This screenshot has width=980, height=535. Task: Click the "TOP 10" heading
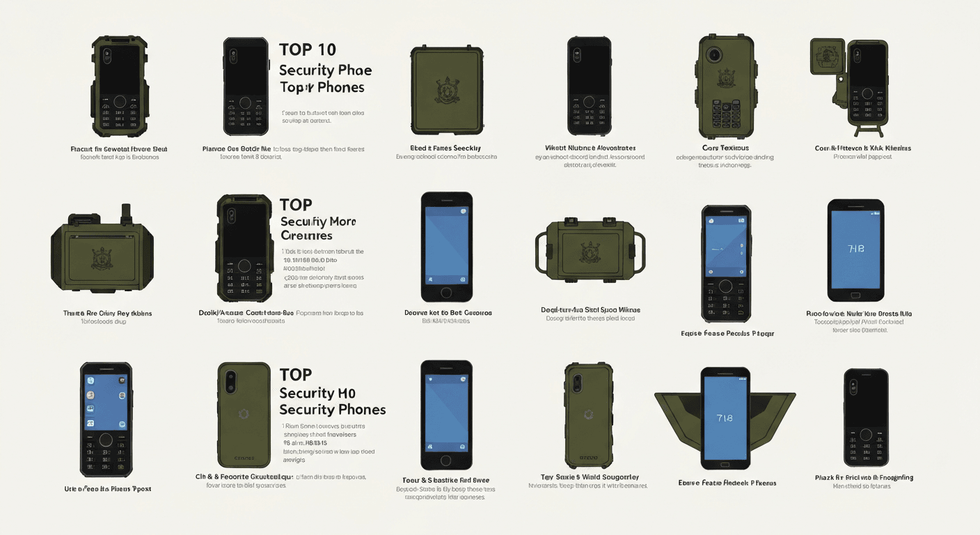tap(307, 49)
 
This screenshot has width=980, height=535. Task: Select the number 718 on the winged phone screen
tap(725, 418)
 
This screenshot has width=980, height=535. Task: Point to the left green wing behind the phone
tap(679, 412)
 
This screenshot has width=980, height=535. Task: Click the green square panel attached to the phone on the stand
tap(827, 56)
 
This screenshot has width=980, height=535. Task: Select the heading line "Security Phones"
tap(332, 409)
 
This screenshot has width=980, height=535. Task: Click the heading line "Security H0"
tap(317, 392)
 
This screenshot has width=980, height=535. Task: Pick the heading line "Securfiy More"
tap(317, 222)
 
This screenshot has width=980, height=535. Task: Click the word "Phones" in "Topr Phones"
tap(341, 87)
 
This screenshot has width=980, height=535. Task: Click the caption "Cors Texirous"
tap(725, 148)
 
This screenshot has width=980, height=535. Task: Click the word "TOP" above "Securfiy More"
tap(295, 205)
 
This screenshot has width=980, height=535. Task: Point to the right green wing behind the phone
tap(772, 412)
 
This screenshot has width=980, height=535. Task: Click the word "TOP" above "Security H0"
tap(295, 375)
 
